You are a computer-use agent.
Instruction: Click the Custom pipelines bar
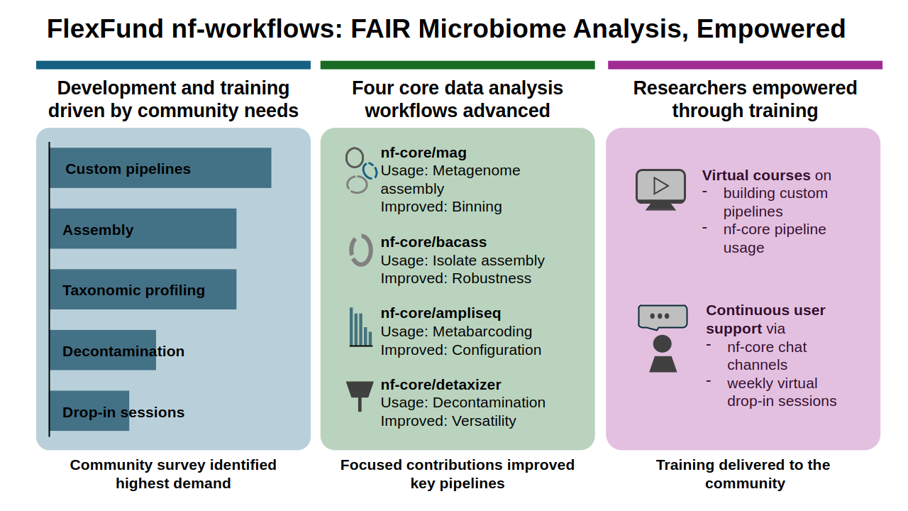(x=160, y=168)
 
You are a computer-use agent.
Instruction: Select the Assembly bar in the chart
(x=143, y=229)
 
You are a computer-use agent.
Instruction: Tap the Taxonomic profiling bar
(x=143, y=289)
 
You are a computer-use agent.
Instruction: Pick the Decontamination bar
(x=103, y=350)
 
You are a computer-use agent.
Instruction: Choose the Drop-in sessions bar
(x=89, y=411)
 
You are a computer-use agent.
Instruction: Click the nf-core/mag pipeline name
(x=423, y=153)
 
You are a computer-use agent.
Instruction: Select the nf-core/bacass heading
(x=433, y=242)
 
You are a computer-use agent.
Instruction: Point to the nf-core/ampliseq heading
(x=441, y=313)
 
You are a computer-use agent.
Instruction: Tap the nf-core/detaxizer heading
(x=441, y=385)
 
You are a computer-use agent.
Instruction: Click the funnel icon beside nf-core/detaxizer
(x=360, y=396)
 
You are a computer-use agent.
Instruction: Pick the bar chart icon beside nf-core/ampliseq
(x=360, y=327)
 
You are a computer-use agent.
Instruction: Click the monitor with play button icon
(x=660, y=189)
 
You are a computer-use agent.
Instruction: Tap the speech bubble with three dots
(x=663, y=317)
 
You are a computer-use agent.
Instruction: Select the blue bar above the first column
(x=174, y=65)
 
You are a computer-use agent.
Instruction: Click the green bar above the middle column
(x=458, y=65)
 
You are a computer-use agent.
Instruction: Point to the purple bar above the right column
(x=745, y=65)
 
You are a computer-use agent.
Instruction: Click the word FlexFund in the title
(x=105, y=29)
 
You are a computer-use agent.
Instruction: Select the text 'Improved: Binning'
(x=441, y=207)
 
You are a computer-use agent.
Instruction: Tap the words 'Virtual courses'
(x=756, y=175)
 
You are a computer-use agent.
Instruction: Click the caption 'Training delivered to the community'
(x=743, y=474)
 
